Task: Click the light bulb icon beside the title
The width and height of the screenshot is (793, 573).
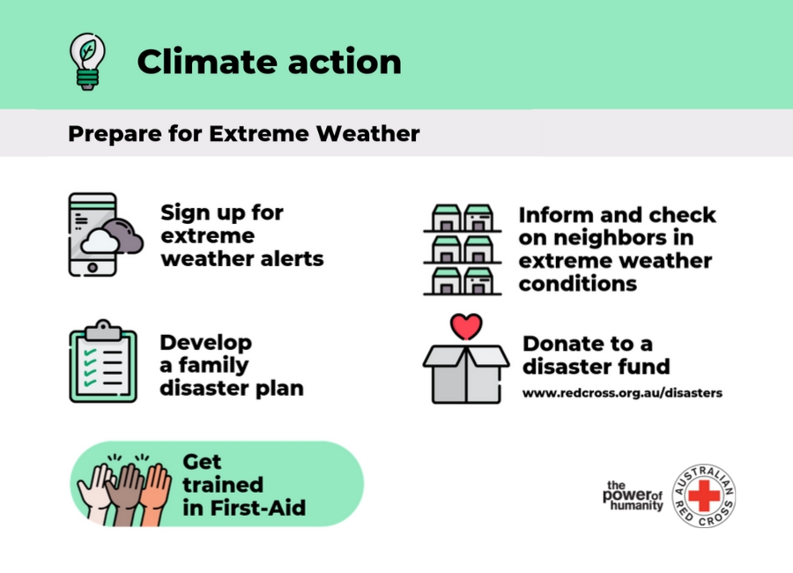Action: pos(87,62)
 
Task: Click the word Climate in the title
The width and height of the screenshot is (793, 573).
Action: pos(205,62)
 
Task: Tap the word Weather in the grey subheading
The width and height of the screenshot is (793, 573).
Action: pos(367,134)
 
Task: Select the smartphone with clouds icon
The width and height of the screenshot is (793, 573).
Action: pos(106,234)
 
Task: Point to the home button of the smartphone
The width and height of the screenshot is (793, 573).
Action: pos(93,267)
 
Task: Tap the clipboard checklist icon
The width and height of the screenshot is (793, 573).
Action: pos(103,361)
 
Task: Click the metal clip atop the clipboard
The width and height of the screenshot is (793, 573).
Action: pos(103,330)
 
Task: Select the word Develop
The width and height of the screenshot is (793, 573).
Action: pos(206,344)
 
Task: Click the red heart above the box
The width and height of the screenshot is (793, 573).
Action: pos(466,326)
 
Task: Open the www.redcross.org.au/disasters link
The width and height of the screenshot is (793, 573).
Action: pos(622,393)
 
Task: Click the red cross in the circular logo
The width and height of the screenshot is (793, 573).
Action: pos(704,495)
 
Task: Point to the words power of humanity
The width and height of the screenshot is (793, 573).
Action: pos(633,495)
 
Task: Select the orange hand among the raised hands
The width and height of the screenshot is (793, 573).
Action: pos(154,494)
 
